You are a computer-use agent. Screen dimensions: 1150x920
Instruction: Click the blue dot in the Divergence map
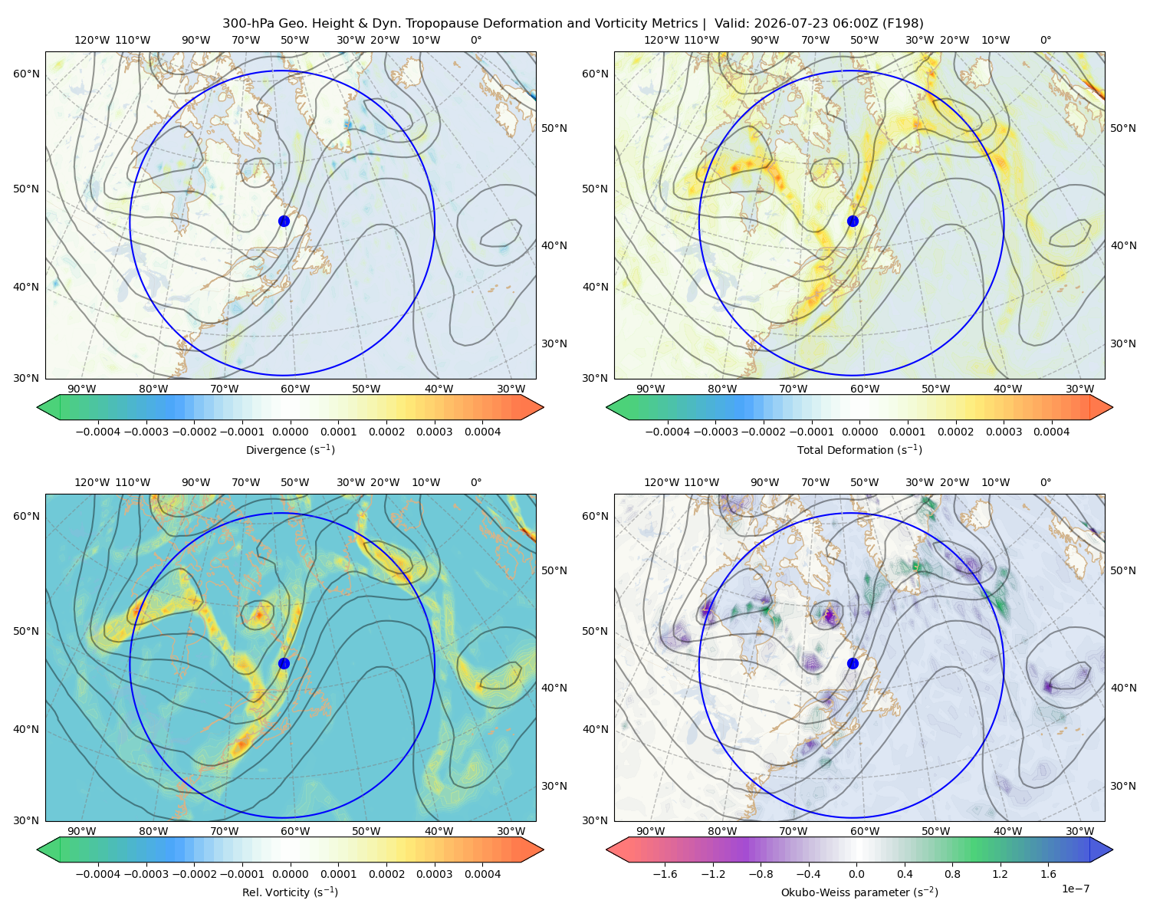pos(284,221)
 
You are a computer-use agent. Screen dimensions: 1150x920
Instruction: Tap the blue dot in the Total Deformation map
pos(853,221)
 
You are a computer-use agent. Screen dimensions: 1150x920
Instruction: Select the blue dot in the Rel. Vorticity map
pos(284,663)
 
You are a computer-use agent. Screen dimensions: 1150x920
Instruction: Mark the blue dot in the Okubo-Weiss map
pos(853,663)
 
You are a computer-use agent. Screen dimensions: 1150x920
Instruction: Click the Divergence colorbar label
pos(290,449)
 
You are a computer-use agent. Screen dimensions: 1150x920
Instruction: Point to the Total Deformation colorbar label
pos(859,449)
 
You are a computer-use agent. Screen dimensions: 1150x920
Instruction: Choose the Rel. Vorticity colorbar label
pos(290,892)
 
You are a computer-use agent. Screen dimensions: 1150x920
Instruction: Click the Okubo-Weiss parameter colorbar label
pos(859,892)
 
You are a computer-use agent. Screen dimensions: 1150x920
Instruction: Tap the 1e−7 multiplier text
pos(1075,889)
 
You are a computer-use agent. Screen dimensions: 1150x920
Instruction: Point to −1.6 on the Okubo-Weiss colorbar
pos(665,874)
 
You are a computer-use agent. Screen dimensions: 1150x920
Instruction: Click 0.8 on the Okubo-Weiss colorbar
pos(952,874)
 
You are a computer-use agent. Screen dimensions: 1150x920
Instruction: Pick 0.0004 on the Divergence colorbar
pos(482,432)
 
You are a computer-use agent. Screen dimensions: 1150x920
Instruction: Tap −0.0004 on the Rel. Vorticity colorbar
pos(98,874)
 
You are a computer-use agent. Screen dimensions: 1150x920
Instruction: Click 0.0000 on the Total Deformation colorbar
pos(859,432)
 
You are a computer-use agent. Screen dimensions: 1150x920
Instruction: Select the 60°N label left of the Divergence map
pos(26,74)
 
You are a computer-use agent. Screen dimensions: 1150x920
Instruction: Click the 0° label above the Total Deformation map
pos(1045,40)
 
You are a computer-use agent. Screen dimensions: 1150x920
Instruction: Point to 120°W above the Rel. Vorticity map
pos(92,482)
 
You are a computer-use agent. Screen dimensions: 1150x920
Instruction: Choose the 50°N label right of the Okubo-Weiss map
pos(1123,570)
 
